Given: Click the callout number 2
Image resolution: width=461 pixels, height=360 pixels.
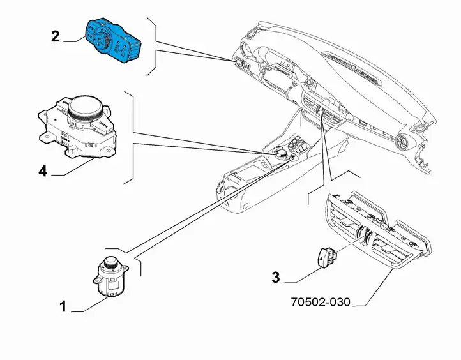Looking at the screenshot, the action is coord(56,37).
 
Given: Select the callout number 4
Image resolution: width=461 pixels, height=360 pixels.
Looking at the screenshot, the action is coord(43,171).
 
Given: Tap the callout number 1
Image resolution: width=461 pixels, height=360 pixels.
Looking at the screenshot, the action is coord(63,306).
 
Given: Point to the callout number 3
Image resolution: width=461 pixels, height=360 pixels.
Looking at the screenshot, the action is coord(275,278).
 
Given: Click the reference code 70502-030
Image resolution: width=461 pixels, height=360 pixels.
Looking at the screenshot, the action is coord(321,302).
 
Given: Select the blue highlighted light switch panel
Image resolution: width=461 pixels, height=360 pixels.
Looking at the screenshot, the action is coord(114,40).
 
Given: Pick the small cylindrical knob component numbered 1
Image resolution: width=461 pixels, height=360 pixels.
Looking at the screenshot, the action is coord(110,276).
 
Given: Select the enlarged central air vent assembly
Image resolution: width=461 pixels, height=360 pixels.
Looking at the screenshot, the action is coord(378,229).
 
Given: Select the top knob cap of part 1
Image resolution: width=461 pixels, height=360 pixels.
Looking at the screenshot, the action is coord(110,261).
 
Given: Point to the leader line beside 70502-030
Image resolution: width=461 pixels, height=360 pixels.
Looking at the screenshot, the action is coord(374,287).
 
